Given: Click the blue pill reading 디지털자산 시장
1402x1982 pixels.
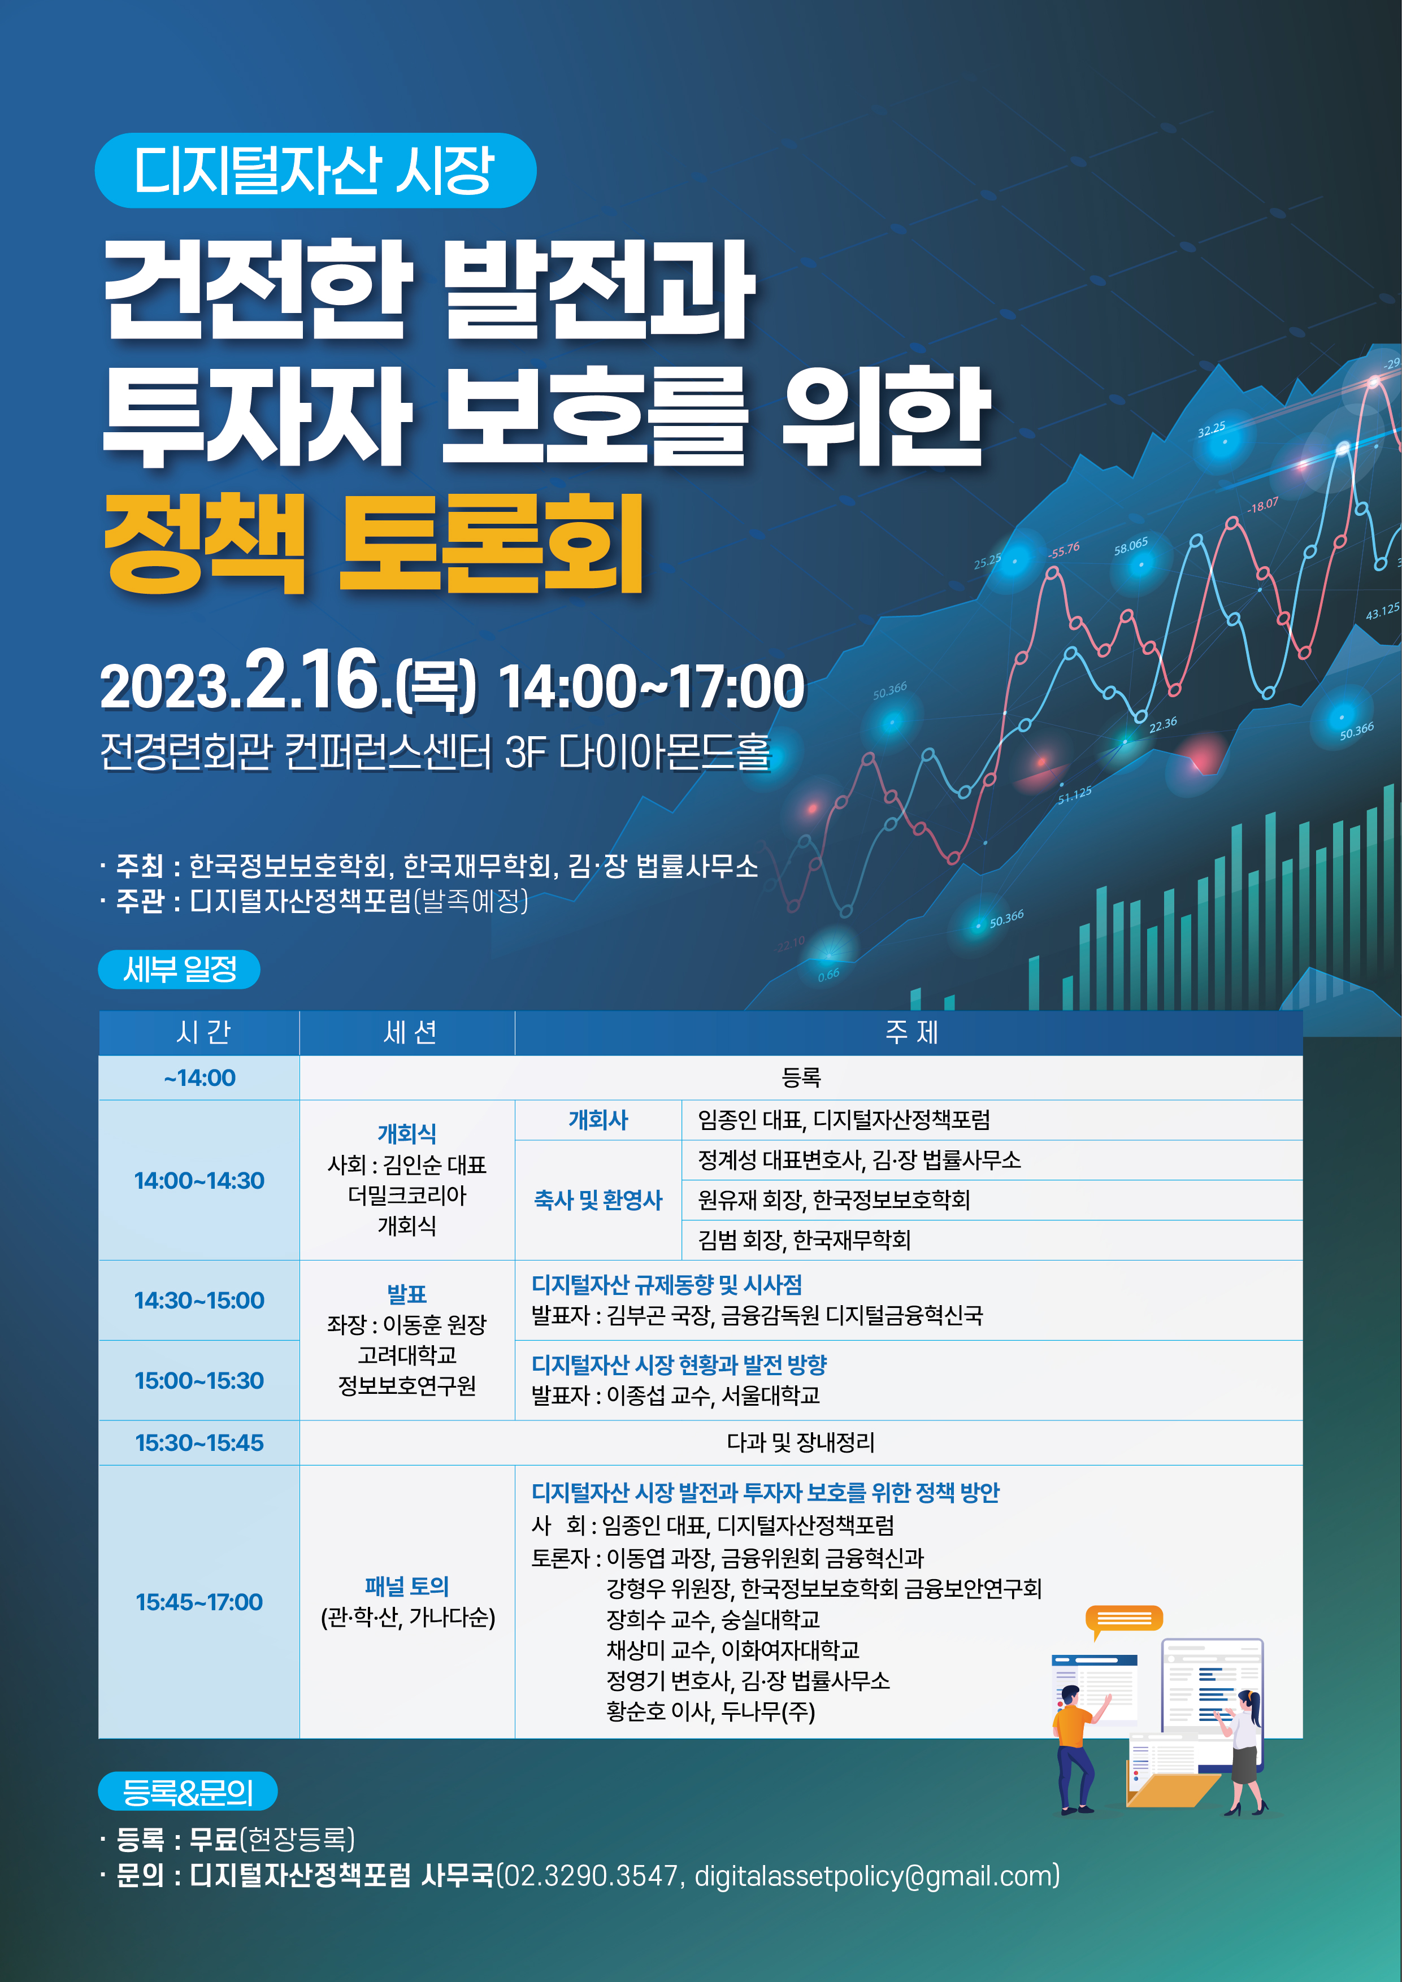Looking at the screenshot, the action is (315, 170).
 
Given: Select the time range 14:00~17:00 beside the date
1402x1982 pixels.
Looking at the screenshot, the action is (652, 687).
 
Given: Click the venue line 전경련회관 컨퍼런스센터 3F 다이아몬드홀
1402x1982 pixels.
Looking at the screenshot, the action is (434, 752).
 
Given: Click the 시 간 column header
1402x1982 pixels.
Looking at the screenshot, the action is (199, 1032).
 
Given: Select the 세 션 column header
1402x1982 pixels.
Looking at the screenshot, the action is (407, 1032).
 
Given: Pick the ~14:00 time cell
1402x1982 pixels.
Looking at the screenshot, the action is (199, 1077).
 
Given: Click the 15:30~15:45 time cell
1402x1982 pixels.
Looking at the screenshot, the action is (199, 1442).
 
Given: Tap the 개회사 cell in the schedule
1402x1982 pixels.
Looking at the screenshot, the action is (598, 1120).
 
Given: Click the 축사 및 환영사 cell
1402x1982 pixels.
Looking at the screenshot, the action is (598, 1200).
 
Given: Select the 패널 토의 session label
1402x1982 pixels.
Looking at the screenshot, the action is (407, 1586).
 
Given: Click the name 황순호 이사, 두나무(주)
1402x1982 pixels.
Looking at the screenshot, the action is (710, 1711).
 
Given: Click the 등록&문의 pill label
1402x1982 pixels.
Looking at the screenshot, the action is (188, 1791).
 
